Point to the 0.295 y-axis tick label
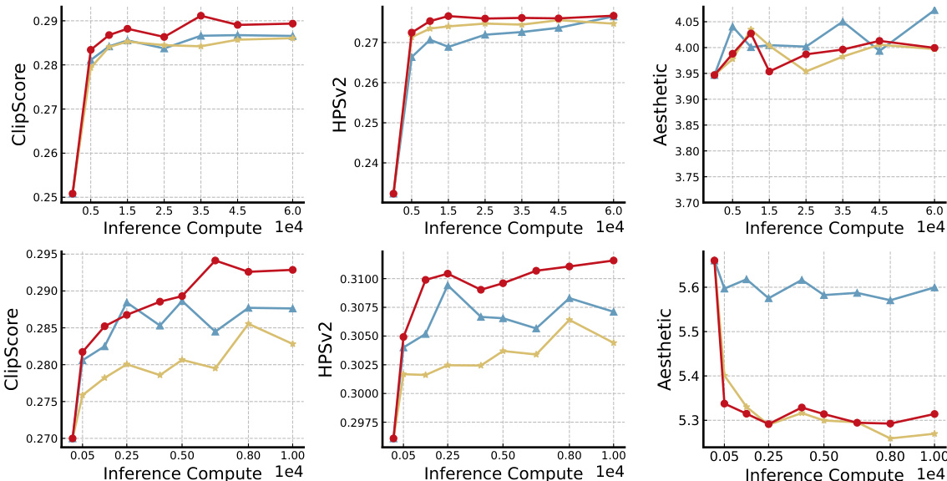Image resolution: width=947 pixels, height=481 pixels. (40, 255)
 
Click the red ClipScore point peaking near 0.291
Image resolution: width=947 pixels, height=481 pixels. (200, 16)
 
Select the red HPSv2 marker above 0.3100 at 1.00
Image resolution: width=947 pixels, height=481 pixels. (614, 261)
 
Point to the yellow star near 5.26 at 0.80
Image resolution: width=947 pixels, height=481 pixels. (890, 438)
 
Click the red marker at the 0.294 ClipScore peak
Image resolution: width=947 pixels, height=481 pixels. (215, 261)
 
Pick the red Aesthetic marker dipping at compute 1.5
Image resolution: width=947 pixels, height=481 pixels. (769, 72)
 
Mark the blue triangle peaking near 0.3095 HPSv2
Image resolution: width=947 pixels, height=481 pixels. (448, 286)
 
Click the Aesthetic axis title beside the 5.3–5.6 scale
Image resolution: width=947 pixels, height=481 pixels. (665, 349)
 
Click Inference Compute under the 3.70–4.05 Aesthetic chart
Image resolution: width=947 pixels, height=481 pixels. (823, 228)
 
